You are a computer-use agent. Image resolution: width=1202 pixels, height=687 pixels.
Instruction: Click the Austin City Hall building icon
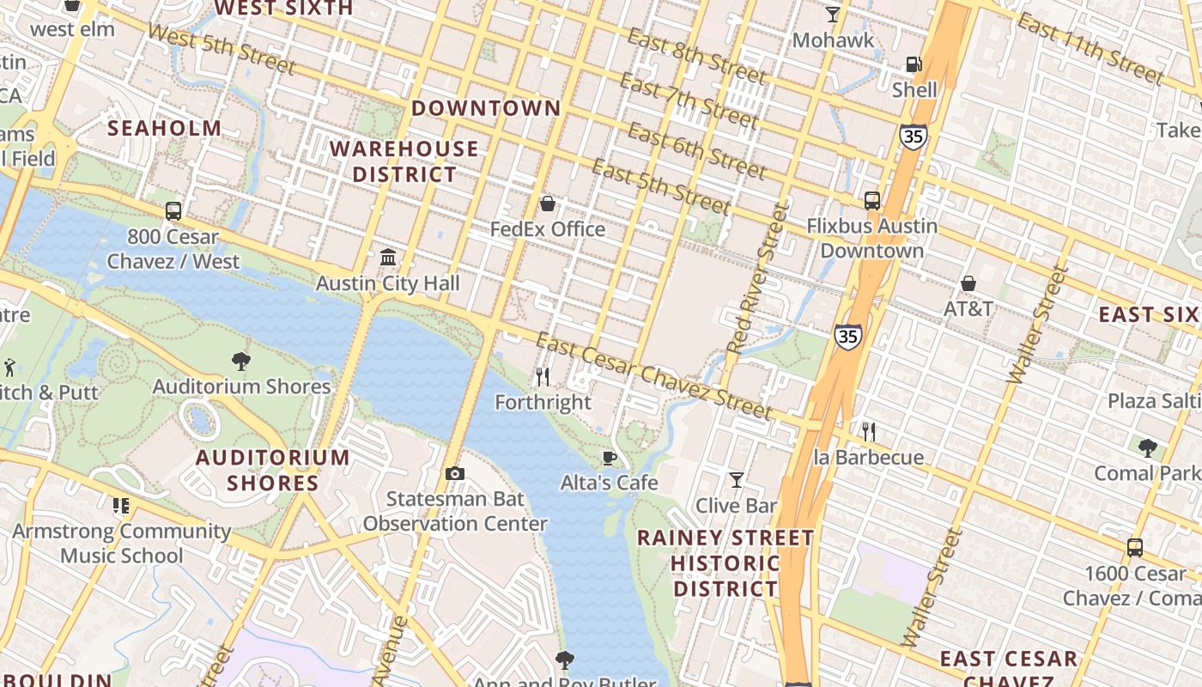(388, 258)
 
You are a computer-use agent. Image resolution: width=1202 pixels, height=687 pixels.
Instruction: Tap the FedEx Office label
(548, 229)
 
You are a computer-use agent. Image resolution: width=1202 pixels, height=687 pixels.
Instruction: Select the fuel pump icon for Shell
(914, 64)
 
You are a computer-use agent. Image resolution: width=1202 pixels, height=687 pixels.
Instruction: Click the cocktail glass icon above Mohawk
(832, 15)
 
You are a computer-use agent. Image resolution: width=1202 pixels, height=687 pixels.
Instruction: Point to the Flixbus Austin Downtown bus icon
(872, 201)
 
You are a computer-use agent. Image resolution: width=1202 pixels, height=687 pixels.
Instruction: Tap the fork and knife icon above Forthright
(543, 376)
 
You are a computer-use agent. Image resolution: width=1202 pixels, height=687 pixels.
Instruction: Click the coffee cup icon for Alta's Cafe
(610, 458)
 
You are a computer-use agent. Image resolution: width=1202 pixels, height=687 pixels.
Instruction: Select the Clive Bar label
(736, 506)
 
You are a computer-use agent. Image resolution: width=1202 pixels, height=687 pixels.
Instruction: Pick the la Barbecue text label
(869, 457)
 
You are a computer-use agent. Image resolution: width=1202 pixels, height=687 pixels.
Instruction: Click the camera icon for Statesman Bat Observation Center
(455, 474)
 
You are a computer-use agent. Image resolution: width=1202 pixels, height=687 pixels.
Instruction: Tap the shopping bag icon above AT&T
(968, 283)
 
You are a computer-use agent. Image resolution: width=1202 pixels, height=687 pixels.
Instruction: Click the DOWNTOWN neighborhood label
(486, 108)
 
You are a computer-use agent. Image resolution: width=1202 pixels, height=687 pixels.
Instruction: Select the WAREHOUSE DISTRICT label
(404, 161)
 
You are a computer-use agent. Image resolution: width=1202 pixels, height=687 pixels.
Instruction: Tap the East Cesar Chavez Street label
(654, 375)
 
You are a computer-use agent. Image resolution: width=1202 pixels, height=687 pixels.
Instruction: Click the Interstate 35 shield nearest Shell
(913, 136)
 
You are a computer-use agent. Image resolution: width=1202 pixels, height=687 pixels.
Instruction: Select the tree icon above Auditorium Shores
(241, 362)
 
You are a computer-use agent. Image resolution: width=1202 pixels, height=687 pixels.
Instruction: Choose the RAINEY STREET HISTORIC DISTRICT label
(725, 563)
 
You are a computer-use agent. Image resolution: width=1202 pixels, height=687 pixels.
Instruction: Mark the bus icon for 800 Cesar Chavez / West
(173, 210)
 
